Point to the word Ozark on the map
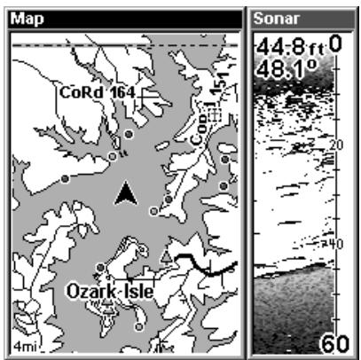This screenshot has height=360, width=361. (91, 290)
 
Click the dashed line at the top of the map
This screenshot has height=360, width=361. (124, 44)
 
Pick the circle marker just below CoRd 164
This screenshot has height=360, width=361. (129, 133)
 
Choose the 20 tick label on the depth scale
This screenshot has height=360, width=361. (335, 145)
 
